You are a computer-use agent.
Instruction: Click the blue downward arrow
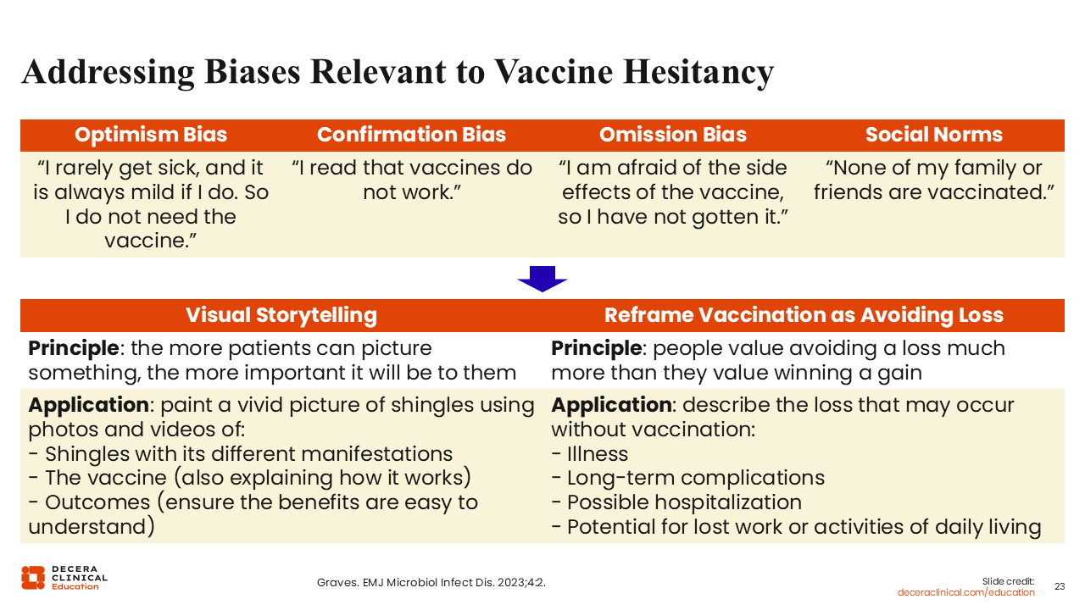tap(542, 279)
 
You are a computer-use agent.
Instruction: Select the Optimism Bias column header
tap(151, 135)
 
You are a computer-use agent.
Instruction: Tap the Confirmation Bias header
tap(411, 135)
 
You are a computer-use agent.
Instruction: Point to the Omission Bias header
tap(673, 135)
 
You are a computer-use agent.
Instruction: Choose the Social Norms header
tap(934, 135)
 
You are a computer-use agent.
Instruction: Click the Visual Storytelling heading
tap(281, 315)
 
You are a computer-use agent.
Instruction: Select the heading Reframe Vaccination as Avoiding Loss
tap(804, 315)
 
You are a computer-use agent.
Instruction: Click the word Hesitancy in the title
tap(698, 72)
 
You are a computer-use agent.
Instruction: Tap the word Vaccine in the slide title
tap(554, 71)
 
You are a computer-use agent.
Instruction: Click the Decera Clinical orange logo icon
tap(33, 578)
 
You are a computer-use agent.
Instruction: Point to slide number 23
tap(1060, 586)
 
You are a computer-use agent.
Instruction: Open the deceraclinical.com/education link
tap(965, 592)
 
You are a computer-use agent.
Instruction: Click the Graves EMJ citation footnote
tap(431, 582)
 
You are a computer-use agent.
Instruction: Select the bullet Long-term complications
tap(687, 479)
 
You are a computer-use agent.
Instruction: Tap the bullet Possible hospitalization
tap(676, 502)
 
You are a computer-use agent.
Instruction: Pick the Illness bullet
tap(589, 454)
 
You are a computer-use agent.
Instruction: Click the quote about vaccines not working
tap(412, 180)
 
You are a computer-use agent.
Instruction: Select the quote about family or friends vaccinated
tap(934, 180)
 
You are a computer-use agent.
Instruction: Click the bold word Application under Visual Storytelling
tap(89, 405)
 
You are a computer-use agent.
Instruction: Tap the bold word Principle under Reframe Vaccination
tap(596, 348)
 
